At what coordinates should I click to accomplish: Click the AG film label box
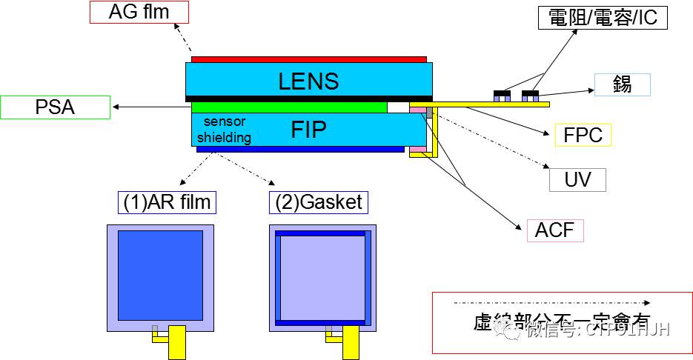click(139, 12)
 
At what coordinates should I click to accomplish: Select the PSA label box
click(56, 107)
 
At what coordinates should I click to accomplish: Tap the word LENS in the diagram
click(308, 81)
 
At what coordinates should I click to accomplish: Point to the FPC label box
click(583, 135)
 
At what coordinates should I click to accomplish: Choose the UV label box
click(577, 179)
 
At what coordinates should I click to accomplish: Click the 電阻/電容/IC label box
click(603, 17)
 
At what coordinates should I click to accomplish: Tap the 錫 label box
click(622, 84)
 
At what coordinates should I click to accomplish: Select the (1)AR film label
click(165, 201)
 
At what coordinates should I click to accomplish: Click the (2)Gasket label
click(317, 201)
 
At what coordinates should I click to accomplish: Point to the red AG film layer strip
click(308, 59)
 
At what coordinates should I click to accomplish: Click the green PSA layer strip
click(289, 107)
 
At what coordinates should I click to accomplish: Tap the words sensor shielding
click(224, 130)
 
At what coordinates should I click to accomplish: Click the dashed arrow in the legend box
click(552, 303)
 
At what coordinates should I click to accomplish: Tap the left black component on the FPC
click(503, 95)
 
